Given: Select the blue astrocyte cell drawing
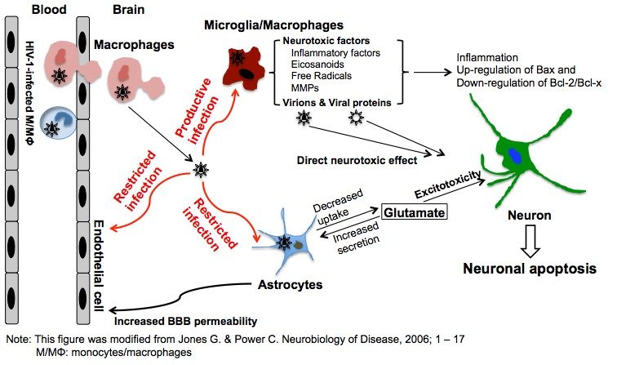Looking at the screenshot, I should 288,243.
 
